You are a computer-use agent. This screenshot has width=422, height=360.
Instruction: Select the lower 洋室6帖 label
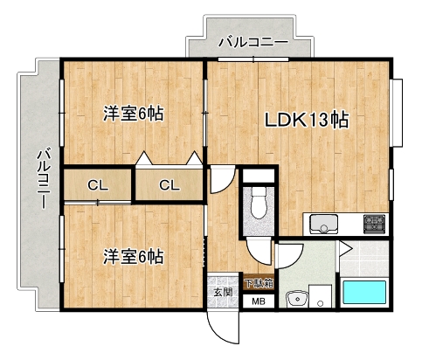coord(134,257)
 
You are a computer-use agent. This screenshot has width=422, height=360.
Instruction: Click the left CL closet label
coord(98,184)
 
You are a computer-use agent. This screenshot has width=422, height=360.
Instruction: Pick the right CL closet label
coord(169,184)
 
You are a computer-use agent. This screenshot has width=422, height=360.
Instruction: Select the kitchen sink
coord(324,225)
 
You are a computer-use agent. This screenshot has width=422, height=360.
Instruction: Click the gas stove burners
coord(375,223)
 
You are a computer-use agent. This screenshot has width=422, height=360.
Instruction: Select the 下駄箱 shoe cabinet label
coord(258,283)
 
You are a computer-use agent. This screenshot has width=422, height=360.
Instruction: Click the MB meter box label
coord(258,302)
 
